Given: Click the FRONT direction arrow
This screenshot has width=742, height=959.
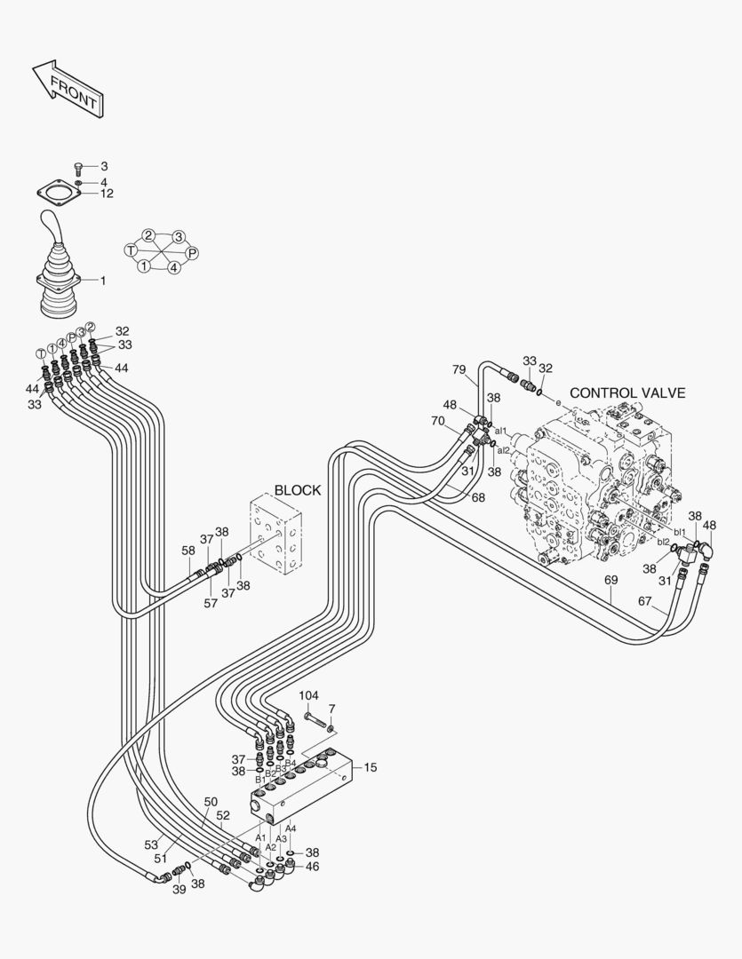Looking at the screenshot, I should [x=68, y=89].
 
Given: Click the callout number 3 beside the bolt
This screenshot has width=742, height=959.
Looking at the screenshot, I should [x=104, y=166].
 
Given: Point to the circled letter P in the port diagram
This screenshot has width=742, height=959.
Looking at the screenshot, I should [x=192, y=253].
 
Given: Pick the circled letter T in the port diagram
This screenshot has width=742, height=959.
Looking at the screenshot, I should [x=131, y=250].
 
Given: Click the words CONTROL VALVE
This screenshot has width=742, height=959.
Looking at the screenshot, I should [x=627, y=392].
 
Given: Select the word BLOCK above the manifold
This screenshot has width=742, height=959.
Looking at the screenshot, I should [x=297, y=490].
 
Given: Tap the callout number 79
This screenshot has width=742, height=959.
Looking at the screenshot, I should [x=459, y=369].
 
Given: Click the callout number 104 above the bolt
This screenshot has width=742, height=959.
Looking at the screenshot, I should [x=307, y=695].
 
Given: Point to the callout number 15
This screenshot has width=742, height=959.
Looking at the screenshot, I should [x=370, y=767].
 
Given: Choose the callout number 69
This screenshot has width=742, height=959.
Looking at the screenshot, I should [x=610, y=581].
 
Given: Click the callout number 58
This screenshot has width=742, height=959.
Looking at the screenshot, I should [x=188, y=551].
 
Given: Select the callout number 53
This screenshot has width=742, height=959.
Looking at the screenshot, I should [x=152, y=844].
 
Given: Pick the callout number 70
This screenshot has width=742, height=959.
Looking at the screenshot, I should [x=437, y=420].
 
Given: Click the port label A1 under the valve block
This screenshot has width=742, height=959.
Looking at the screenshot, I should [x=260, y=837].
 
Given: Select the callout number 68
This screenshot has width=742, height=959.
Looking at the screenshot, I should [x=478, y=497].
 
